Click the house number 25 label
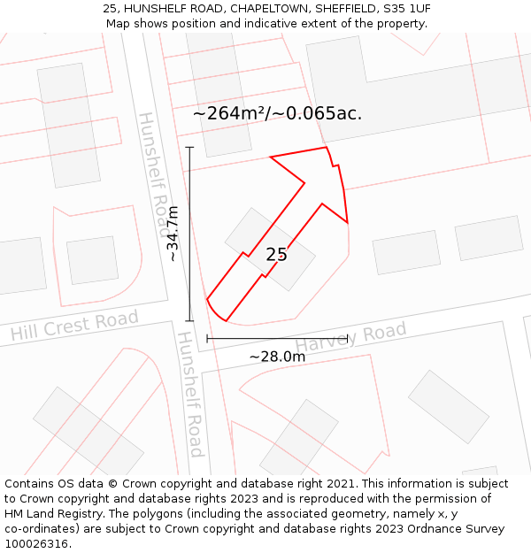[x=276, y=255]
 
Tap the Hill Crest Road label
[x=74, y=326]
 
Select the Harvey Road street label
[x=350, y=336]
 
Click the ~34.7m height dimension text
[x=173, y=234]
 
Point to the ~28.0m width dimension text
[x=277, y=357]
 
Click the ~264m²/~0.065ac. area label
[x=277, y=113]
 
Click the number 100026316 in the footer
[x=37, y=543]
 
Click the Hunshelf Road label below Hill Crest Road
[x=191, y=395]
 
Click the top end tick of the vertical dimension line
[x=189, y=147]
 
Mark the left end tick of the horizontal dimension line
[x=207, y=338]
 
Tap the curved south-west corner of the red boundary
[x=212, y=309]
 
